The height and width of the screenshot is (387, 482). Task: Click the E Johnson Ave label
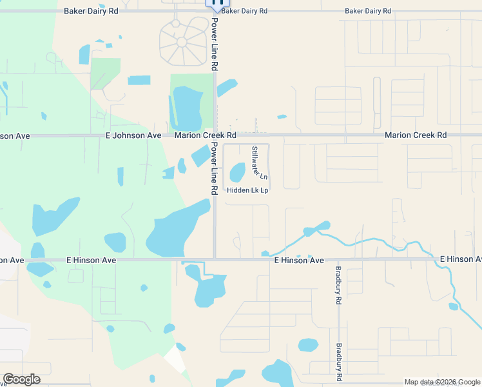point(133,135)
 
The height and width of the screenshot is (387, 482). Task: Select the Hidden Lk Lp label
point(247,190)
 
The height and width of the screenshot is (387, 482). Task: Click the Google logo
point(21,379)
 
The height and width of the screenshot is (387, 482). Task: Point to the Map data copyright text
point(442,382)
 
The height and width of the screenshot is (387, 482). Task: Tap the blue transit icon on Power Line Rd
point(216,2)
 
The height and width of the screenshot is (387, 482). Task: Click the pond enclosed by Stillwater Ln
point(237,172)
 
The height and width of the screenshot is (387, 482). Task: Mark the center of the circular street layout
point(182,42)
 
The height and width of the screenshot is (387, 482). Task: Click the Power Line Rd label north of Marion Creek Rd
point(215,44)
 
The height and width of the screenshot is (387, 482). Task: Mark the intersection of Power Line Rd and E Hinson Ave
point(215,259)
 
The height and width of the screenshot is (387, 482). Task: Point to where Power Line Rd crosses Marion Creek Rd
point(215,135)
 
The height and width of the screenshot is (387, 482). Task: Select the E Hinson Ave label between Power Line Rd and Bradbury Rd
point(299,260)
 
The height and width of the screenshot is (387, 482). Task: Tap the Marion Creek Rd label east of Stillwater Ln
point(416,135)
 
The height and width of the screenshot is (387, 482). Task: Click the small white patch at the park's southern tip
point(173,359)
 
